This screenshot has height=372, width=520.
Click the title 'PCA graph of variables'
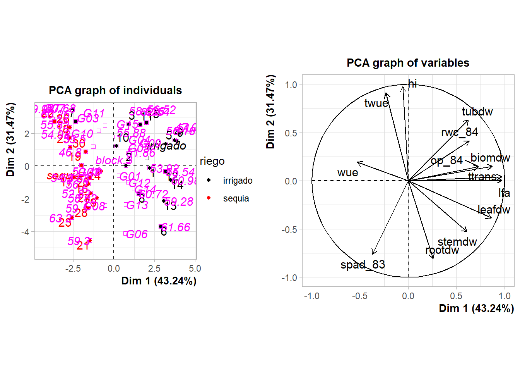pos(408,63)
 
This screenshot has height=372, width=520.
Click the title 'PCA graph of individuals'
pos(115,90)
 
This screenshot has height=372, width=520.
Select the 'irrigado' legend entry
pos(238,181)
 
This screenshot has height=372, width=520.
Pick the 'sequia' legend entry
pos(236,198)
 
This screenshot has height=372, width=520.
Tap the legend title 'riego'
pos(212,161)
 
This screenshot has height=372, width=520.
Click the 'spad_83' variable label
pos(363,265)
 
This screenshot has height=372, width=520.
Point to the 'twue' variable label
pos(376,103)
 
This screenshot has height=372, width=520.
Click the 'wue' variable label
pos(347,172)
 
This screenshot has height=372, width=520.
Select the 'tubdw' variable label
pos(477,112)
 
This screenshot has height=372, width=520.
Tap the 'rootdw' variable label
pos(442,250)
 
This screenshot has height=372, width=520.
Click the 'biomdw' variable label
pos(490,158)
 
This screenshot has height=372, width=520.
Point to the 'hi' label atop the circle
pos(412,84)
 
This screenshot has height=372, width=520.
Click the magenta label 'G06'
pos(137,234)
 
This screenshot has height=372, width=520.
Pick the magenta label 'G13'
pos(137,205)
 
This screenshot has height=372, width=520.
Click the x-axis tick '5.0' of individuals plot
pos(195,269)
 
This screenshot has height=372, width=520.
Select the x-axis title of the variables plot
pos(476,308)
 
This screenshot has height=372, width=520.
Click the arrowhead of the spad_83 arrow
pos(373,254)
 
